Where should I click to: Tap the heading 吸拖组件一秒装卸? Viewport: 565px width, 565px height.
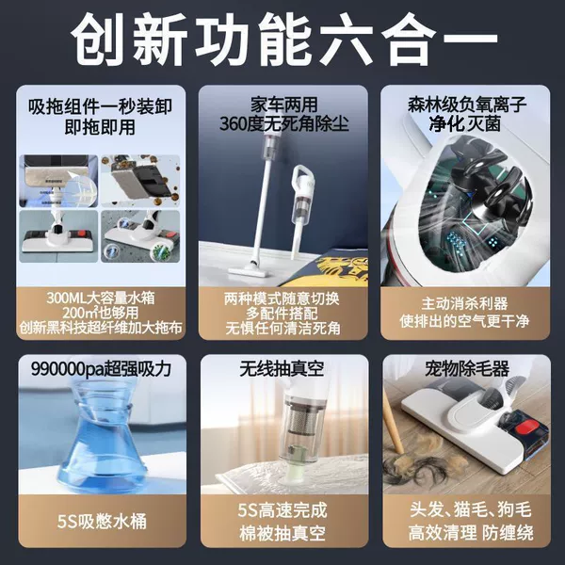(x=100, y=106)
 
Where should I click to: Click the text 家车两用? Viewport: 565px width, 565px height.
(x=284, y=105)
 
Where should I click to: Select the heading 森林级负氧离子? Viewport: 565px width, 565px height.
(x=467, y=105)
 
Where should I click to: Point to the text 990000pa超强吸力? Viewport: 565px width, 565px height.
(x=101, y=368)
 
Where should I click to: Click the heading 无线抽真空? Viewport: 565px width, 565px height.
(x=282, y=368)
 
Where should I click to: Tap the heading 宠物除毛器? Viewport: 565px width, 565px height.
(x=467, y=368)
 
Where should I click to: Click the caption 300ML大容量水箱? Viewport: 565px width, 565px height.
(x=101, y=298)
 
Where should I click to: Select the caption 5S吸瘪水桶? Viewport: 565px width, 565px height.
(x=102, y=521)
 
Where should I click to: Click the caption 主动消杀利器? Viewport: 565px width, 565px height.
(x=464, y=303)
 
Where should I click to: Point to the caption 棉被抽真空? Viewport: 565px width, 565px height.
(x=282, y=533)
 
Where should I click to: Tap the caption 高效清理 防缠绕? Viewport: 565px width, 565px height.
(x=471, y=533)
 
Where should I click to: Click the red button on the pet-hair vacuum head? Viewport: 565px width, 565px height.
(x=526, y=429)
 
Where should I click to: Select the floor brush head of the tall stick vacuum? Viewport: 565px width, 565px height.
(x=249, y=270)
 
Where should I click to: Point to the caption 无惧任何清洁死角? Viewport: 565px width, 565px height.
(x=283, y=329)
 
